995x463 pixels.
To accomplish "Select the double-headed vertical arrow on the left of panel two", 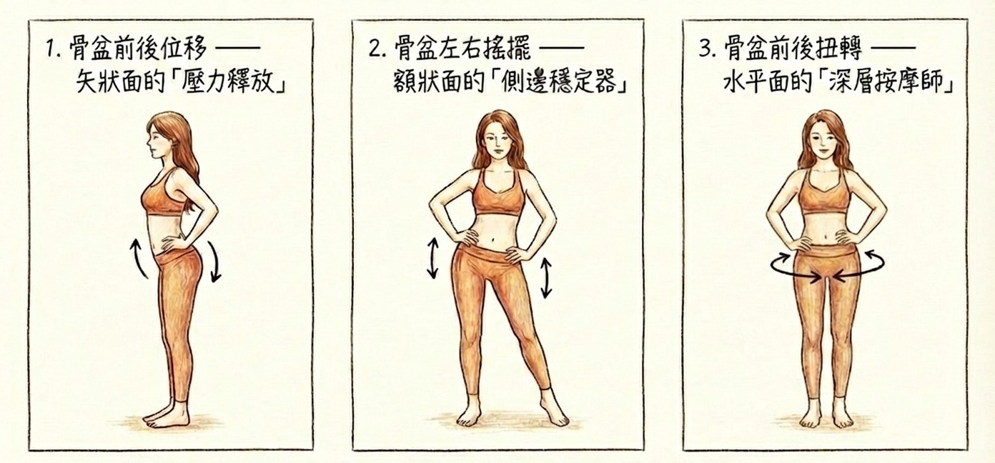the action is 433,258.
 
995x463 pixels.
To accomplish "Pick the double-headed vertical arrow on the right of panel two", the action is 546,279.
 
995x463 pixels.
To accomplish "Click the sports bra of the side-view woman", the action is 162,196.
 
